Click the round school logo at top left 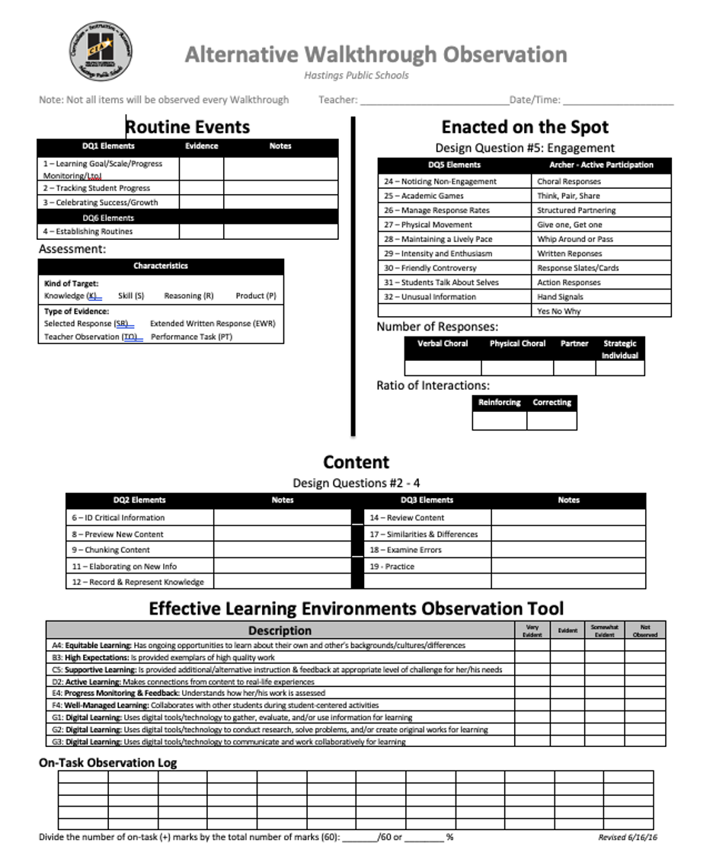click(100, 50)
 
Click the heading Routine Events click(187, 126)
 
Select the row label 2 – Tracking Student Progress click(97, 188)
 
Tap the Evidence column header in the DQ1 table click(202, 146)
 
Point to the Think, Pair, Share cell click(568, 196)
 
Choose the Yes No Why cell click(559, 311)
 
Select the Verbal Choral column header click(443, 343)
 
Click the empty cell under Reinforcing click(500, 420)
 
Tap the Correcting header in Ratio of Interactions click(552, 402)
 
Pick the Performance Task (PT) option click(192, 337)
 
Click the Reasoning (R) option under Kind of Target click(189, 295)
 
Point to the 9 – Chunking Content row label click(111, 550)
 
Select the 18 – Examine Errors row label click(406, 550)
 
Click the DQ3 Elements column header click(427, 500)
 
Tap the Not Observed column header click(645, 631)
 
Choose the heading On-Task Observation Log click(108, 763)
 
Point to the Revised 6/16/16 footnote click(628, 838)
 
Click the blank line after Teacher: click(434, 100)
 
